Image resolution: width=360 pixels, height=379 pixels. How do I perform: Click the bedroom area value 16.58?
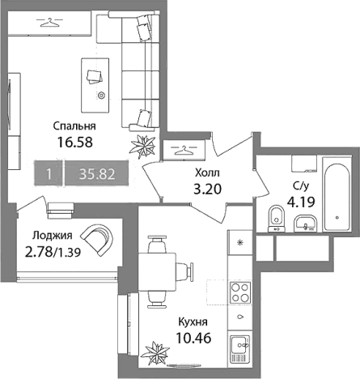pyautogui.click(x=75, y=142)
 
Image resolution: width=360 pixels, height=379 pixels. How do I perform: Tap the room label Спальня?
pyautogui.click(x=74, y=126)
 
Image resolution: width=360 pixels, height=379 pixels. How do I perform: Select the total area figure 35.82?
pyautogui.click(x=97, y=174)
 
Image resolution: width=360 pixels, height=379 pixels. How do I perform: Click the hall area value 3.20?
pyautogui.click(x=208, y=189)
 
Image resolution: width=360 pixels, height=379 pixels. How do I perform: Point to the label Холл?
pyautogui.click(x=207, y=172)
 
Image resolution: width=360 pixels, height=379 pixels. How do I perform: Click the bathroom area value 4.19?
pyautogui.click(x=301, y=202)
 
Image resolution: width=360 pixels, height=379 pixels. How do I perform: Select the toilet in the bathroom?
pyautogui.click(x=277, y=219)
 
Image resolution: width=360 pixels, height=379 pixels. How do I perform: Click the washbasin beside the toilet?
pyautogui.click(x=305, y=223)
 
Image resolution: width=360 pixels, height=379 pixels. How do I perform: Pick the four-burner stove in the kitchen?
pyautogui.click(x=240, y=292)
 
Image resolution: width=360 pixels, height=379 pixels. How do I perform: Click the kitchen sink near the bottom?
pyautogui.click(x=239, y=349)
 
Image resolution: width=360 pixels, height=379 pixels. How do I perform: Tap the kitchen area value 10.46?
pyautogui.click(x=193, y=338)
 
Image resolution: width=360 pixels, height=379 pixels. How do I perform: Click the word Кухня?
pyautogui.click(x=193, y=322)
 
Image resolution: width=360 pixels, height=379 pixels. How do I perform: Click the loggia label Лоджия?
pyautogui.click(x=53, y=236)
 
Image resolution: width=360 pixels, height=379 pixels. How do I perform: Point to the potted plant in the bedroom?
pyautogui.click(x=142, y=147)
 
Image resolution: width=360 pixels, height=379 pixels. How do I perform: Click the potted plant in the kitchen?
pyautogui.click(x=156, y=353)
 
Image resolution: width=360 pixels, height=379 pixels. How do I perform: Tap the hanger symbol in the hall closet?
pyautogui.click(x=184, y=150)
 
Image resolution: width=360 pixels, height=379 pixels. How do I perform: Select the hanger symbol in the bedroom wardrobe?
pyautogui.click(x=49, y=23)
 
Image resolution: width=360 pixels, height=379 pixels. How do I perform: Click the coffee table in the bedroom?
pyautogui.click(x=95, y=85)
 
